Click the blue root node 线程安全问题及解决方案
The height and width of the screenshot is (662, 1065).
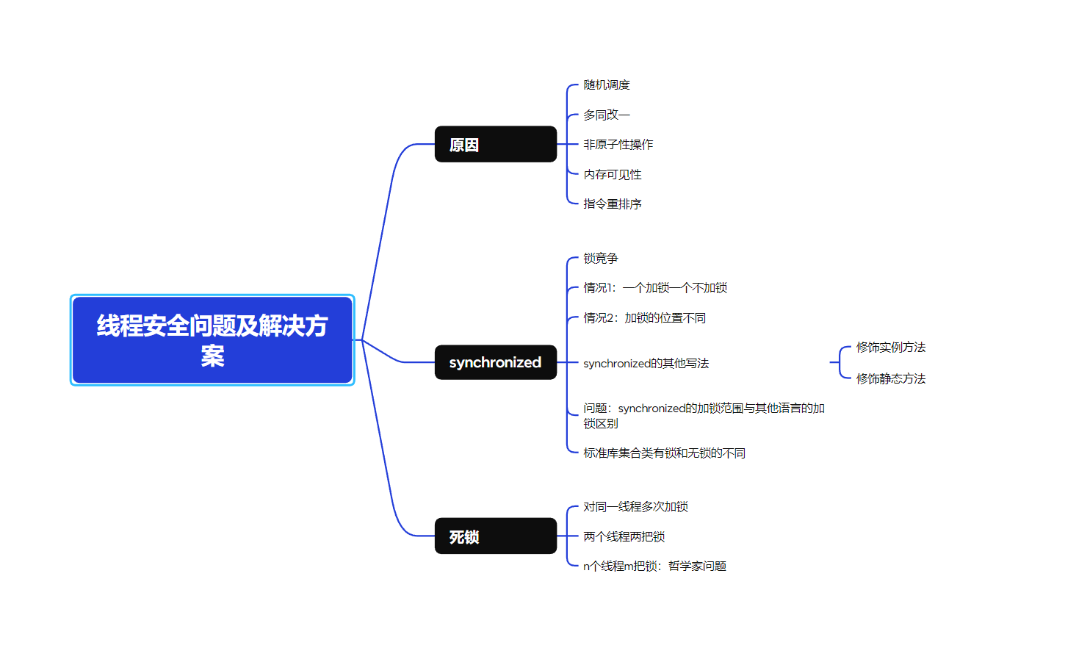212,340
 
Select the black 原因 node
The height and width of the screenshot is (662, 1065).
495,145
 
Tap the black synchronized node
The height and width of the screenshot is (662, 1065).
495,362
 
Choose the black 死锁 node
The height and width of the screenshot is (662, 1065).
495,536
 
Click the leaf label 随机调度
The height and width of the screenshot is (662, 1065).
607,85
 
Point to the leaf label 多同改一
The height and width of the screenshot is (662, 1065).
607,115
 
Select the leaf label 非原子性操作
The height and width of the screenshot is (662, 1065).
618,145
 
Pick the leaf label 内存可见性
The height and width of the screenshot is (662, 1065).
613,175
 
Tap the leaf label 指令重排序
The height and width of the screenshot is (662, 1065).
613,204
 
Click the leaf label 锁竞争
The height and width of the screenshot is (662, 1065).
601,259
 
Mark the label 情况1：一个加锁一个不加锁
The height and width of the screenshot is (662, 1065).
655,288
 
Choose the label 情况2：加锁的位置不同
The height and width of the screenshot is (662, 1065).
644,318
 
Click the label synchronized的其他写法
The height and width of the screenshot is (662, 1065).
646,364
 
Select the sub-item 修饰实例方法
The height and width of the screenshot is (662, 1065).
891,348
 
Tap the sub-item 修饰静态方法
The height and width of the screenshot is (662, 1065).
891,379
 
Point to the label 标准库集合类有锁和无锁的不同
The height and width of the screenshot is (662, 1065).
664,453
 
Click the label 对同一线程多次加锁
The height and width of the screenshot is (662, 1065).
635,507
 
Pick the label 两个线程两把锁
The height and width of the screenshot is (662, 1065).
624,537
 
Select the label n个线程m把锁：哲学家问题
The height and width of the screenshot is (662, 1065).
654,566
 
